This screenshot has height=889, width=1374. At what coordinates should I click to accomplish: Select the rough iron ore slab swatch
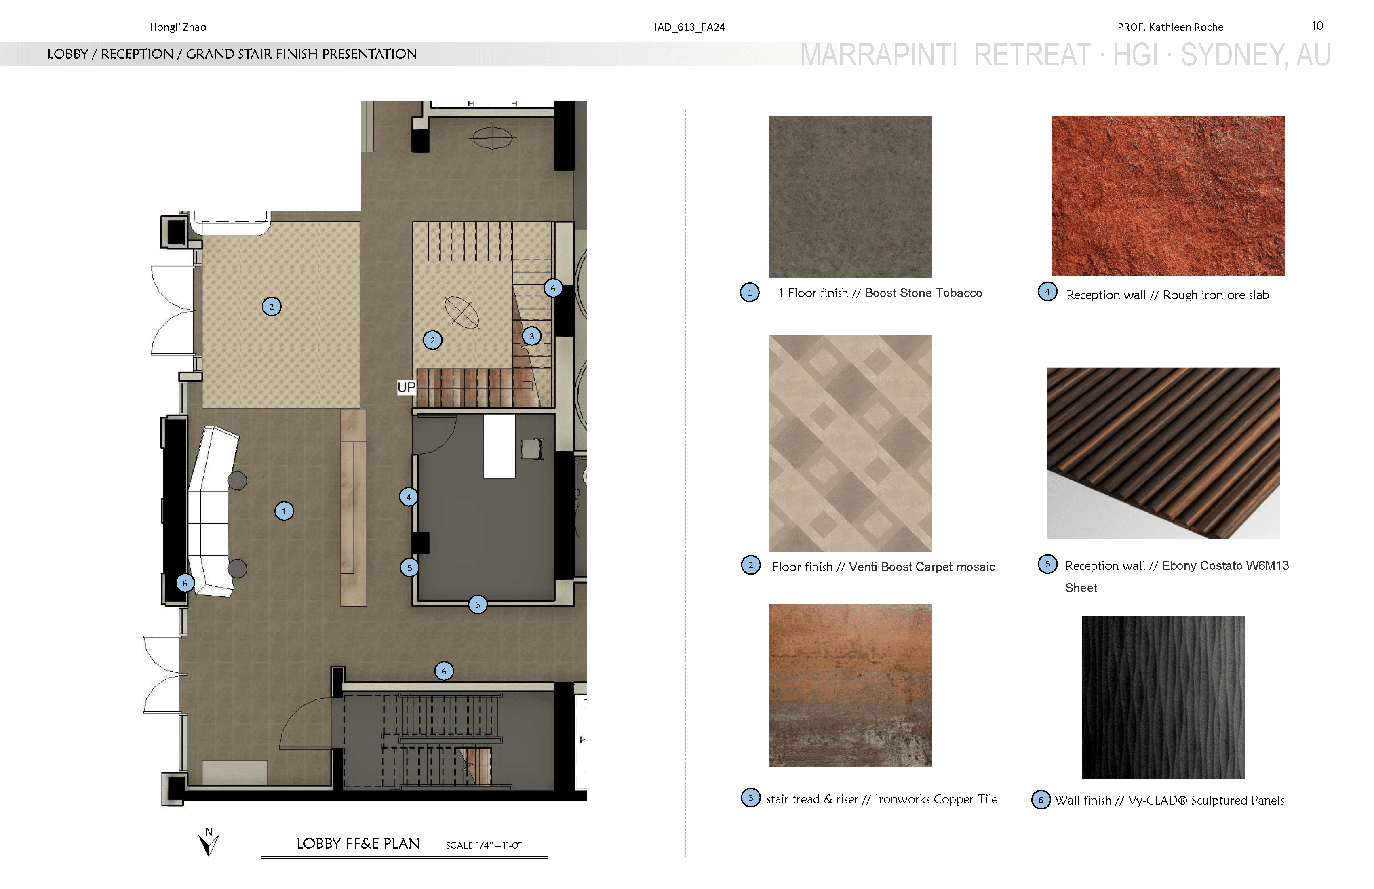click(1168, 195)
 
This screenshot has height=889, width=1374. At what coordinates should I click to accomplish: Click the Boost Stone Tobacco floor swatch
click(850, 196)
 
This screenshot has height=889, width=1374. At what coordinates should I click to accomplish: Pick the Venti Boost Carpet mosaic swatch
click(850, 443)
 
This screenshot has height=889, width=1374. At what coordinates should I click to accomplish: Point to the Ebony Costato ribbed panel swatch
click(1163, 453)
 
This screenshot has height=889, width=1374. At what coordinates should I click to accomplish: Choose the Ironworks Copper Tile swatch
click(850, 686)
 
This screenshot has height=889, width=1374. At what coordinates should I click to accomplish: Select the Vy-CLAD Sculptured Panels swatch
click(1163, 697)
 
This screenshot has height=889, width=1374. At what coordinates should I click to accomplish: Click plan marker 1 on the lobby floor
click(284, 511)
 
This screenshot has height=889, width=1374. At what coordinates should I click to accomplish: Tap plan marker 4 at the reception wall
click(409, 497)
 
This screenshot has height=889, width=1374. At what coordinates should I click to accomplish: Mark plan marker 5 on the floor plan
click(409, 567)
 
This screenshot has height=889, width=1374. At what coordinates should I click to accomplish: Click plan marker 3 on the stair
click(532, 336)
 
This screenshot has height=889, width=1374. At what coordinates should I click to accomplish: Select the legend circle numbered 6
click(1041, 800)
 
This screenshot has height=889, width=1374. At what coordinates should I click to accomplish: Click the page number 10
click(1317, 26)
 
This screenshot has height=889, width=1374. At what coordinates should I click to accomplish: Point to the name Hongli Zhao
click(178, 27)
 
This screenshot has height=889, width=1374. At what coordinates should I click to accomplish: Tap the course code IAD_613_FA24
click(689, 27)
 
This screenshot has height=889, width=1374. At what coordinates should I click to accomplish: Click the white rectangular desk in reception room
click(499, 446)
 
